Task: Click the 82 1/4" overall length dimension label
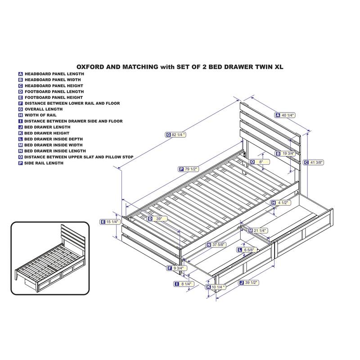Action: click(176, 135)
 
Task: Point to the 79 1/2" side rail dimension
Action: click(189, 169)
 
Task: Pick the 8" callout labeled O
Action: click(259, 162)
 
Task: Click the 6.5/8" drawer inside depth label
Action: click(248, 250)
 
